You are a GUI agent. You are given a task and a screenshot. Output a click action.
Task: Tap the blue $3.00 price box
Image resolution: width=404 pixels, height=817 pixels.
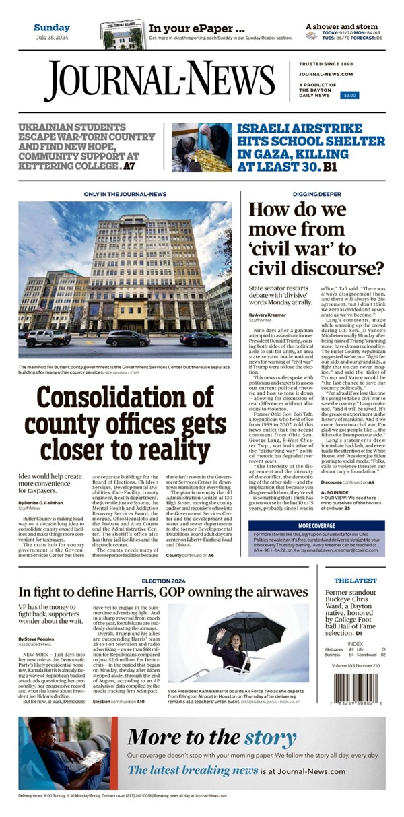coord(350,96)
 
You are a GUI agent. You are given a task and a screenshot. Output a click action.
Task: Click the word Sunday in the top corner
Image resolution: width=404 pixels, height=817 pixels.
coord(52,28)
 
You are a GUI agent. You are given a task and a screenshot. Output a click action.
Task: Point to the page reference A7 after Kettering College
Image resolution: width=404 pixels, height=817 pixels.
coord(129,166)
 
